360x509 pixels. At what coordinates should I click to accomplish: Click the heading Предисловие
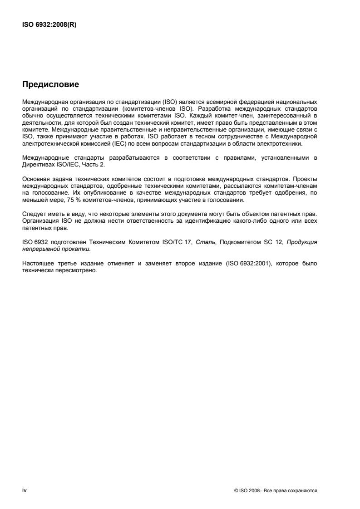[x=50, y=84]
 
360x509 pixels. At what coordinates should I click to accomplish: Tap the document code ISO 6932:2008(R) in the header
[x=49, y=25]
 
